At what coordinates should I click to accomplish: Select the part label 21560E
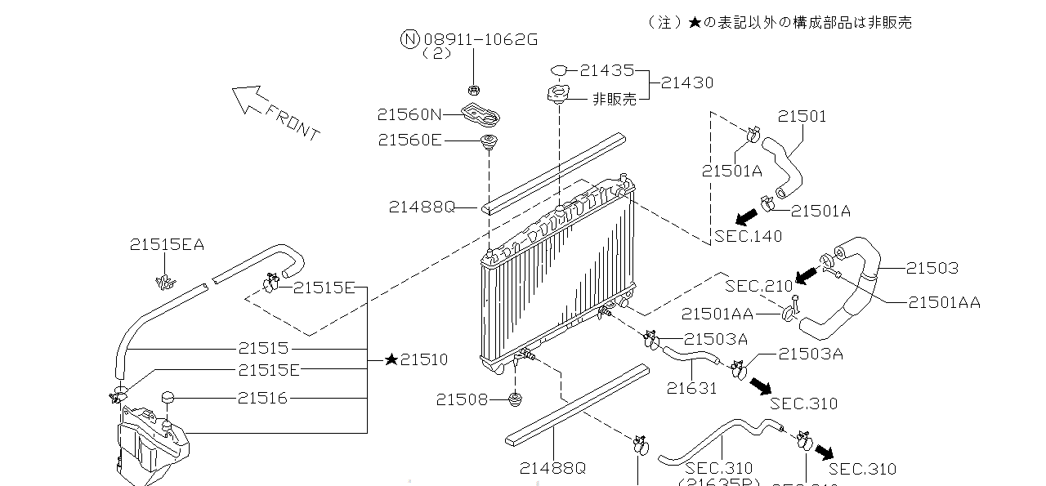[410, 140]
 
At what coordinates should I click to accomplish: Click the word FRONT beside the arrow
[293, 120]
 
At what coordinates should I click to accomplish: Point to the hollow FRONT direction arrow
[248, 99]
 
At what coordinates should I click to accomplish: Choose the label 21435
[606, 71]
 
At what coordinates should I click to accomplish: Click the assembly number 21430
[686, 82]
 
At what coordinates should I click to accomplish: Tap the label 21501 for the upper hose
[802, 116]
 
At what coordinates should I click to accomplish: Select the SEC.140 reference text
[748, 237]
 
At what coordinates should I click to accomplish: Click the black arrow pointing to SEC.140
[744, 216]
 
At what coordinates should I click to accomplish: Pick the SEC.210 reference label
[759, 286]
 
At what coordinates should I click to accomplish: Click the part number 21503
[932, 268]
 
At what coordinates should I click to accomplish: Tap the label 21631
[691, 389]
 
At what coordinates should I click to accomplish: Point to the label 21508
[461, 399]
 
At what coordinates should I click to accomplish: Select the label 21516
[262, 398]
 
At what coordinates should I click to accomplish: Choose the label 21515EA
[167, 244]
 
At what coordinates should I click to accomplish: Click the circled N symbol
[409, 38]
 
